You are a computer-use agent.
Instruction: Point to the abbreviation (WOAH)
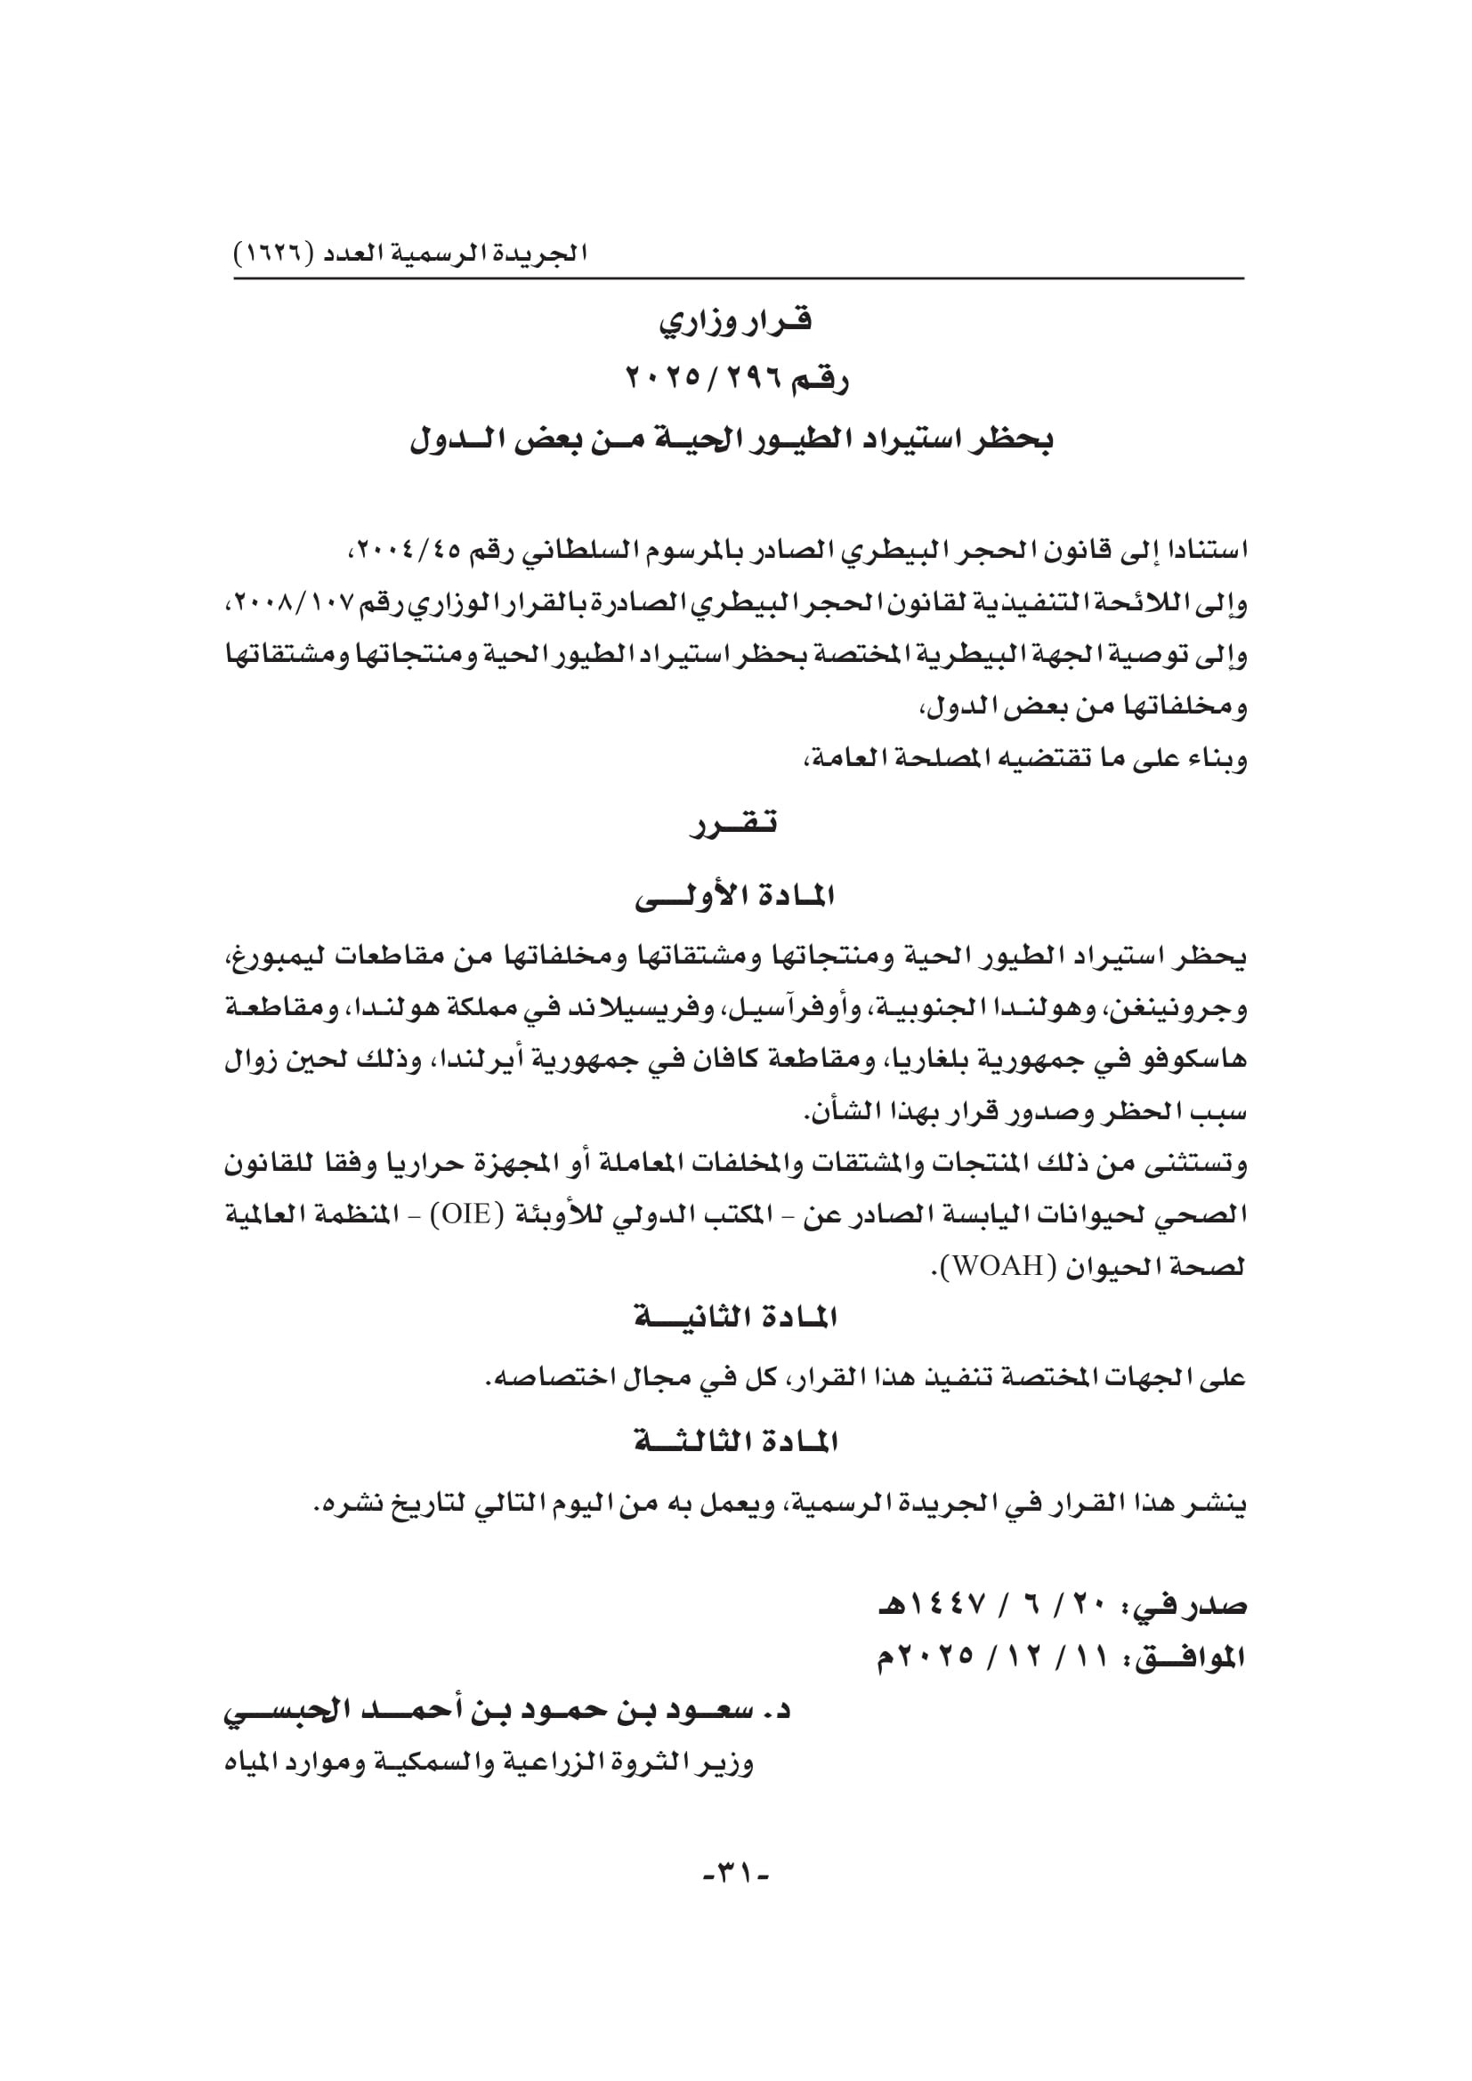point(984,1267)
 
